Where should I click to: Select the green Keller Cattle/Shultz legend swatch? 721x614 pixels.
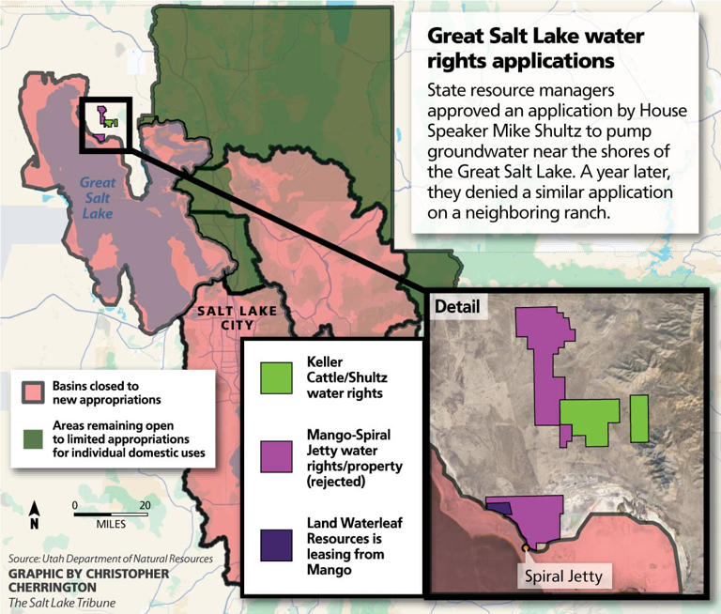pos(279,379)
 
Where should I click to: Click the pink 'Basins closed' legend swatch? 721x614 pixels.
pos(36,391)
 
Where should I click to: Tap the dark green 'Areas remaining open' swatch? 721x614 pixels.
pos(36,438)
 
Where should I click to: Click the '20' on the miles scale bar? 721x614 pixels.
pos(145,505)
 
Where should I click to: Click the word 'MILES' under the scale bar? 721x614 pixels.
pos(110,523)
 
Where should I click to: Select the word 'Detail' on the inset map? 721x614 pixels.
pos(456,307)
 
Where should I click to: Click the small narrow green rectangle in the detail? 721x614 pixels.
pos(639,418)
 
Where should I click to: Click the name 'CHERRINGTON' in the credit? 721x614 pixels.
pos(54,587)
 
